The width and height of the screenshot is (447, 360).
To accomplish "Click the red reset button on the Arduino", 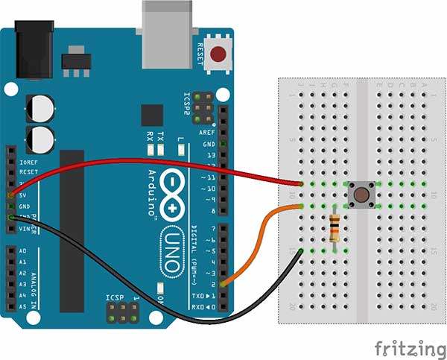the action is pos(219,54).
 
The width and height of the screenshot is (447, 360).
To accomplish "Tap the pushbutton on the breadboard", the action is pos(362,196).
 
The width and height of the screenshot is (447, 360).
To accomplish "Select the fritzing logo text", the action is pos(405,348).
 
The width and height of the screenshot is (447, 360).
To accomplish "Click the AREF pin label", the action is pos(208,132).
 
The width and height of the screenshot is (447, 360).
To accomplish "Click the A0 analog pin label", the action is pos(22,251).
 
